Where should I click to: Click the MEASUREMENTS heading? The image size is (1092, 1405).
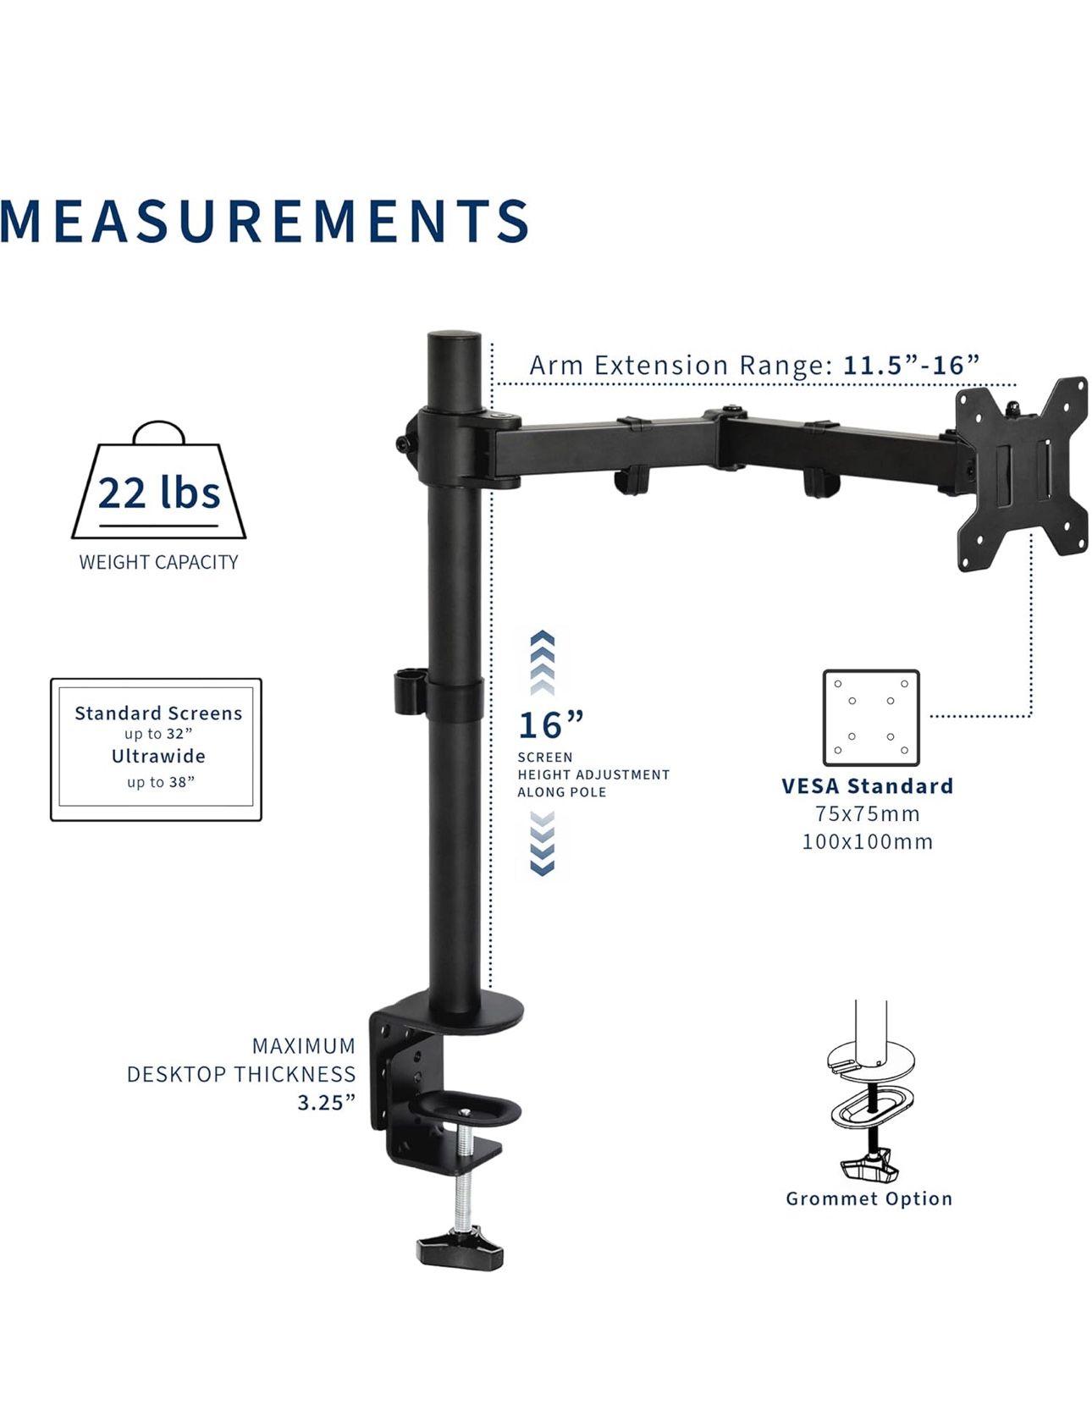[264, 222]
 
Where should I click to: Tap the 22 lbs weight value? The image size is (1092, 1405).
[158, 493]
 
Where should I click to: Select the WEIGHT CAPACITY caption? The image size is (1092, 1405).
[158, 562]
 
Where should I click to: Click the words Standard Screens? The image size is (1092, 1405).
[158, 714]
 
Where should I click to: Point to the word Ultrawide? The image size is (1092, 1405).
[158, 756]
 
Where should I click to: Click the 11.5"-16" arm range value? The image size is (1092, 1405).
[911, 366]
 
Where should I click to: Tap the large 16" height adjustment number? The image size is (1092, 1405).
[550, 725]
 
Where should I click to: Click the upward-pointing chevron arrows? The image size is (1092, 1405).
[542, 659]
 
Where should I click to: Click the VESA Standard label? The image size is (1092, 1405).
[868, 786]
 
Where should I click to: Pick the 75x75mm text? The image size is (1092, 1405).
[868, 814]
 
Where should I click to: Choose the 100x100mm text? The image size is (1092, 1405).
[868, 842]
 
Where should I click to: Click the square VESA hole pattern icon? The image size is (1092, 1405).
[871, 718]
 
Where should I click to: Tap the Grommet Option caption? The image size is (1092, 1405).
[869, 1198]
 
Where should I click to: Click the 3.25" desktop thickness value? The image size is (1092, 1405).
[326, 1103]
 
